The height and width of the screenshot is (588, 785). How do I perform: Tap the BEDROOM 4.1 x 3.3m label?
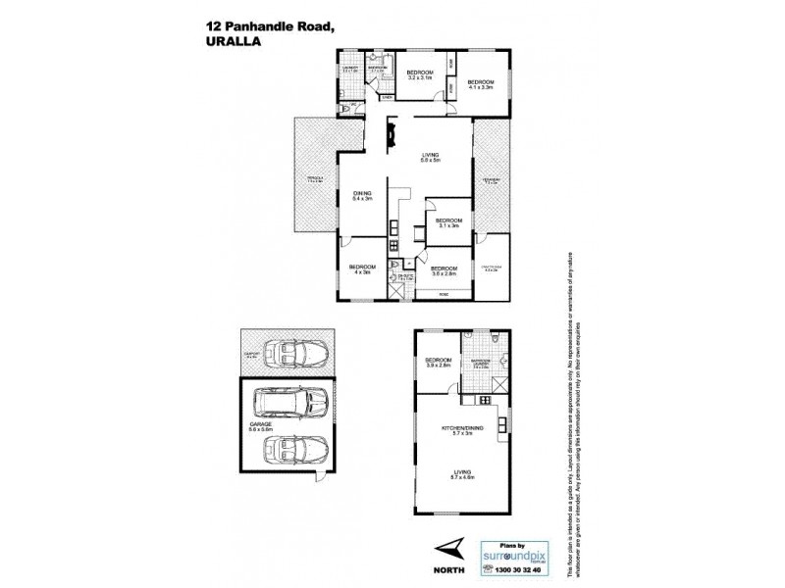[x=480, y=84]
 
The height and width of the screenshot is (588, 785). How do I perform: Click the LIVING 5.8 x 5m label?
[x=430, y=157]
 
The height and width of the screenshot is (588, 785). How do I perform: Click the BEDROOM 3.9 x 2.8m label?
[x=438, y=363]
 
